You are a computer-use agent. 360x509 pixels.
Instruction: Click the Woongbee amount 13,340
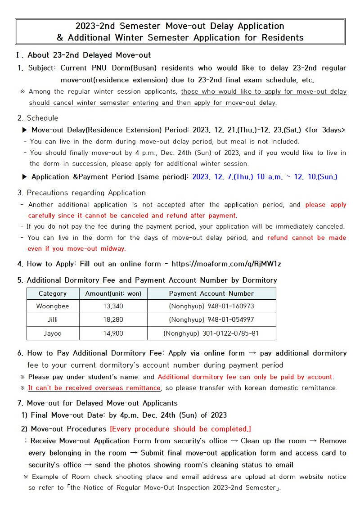[x=113, y=306]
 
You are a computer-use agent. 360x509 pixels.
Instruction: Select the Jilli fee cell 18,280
[x=113, y=320]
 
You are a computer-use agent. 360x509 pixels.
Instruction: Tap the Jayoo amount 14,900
[x=113, y=333]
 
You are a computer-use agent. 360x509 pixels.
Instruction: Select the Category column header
[x=53, y=293]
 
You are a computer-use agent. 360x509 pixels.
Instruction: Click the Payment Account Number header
[x=211, y=293]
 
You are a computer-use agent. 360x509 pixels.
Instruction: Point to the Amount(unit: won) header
[x=113, y=293]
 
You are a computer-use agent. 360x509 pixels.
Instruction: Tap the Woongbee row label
[x=53, y=306]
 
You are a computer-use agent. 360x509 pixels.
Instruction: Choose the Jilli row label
[x=53, y=320]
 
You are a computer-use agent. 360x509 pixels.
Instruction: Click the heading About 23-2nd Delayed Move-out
[x=89, y=55]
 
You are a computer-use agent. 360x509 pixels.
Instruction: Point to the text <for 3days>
[x=325, y=130]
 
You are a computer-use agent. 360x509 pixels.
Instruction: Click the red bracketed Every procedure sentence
[x=180, y=429]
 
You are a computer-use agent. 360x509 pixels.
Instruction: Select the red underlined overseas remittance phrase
[x=94, y=388]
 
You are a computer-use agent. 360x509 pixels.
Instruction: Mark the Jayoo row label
[x=53, y=333]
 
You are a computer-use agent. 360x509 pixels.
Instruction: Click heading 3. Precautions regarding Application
[x=81, y=193]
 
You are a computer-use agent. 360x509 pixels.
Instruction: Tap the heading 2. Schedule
[x=38, y=118]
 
